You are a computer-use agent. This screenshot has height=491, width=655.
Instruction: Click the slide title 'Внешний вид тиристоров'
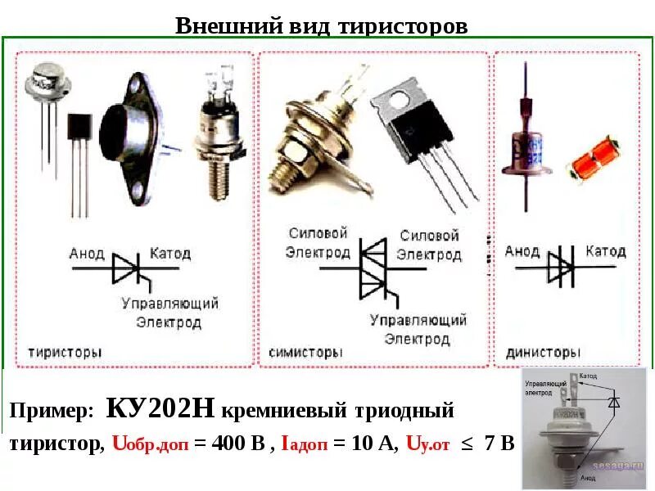(x=322, y=25)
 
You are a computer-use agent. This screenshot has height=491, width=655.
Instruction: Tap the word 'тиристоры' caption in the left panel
(x=65, y=353)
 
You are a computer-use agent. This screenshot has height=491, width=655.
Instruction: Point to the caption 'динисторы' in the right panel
(x=543, y=353)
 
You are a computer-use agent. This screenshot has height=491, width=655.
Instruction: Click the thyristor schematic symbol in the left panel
(x=131, y=268)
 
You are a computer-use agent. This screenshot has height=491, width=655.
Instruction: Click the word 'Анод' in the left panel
(x=88, y=253)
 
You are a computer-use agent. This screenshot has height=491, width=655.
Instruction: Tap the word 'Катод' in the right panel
(x=606, y=251)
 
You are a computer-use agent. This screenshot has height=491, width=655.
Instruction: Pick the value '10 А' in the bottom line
(x=373, y=444)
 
